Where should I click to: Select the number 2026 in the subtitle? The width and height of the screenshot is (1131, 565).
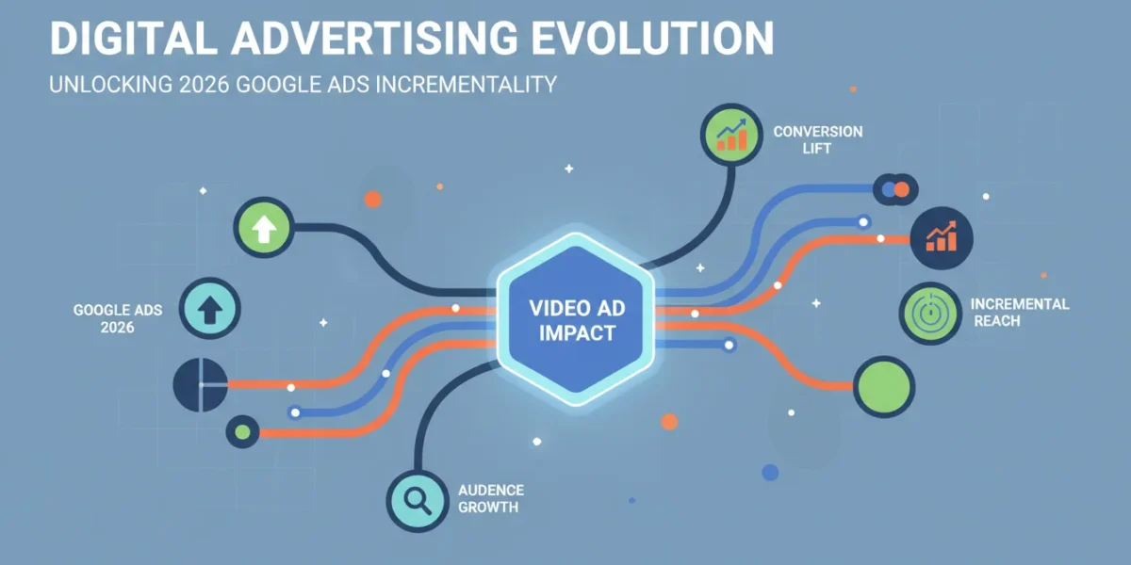(x=204, y=84)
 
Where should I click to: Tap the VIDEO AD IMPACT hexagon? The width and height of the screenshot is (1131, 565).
(x=576, y=320)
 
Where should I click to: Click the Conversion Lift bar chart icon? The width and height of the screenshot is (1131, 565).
(x=731, y=135)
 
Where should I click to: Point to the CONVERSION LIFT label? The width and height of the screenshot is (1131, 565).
(x=817, y=139)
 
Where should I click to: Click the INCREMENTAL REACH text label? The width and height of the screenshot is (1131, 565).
(x=1020, y=313)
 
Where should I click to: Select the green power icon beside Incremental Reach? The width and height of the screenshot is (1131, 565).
(x=930, y=314)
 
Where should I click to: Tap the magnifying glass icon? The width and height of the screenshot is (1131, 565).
(x=418, y=501)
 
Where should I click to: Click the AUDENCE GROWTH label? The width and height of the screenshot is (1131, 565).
(x=491, y=498)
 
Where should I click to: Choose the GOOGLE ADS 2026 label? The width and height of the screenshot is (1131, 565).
(x=118, y=318)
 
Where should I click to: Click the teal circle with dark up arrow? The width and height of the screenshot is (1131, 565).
(x=209, y=308)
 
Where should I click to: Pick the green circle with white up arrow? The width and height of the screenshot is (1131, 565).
(x=264, y=228)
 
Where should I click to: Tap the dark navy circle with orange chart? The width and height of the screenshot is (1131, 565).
(x=942, y=237)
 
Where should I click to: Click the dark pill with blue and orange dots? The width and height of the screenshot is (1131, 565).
(x=895, y=189)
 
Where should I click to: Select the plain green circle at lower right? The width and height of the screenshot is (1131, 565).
(x=884, y=387)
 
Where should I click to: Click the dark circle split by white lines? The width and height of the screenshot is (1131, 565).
(x=201, y=385)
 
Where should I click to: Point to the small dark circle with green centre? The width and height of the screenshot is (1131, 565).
(x=243, y=432)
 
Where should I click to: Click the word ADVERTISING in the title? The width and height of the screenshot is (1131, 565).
(x=375, y=38)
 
